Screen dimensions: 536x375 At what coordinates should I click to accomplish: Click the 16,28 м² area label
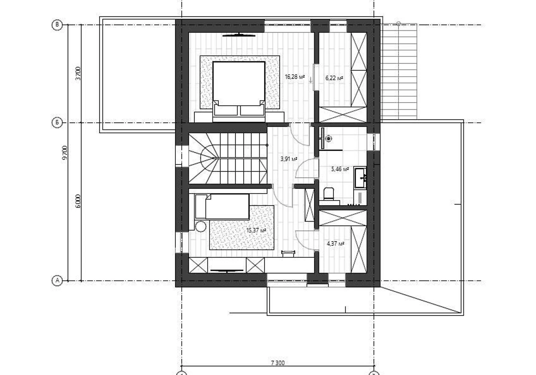tap(294, 77)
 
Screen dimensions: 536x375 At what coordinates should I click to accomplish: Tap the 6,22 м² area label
tap(334, 78)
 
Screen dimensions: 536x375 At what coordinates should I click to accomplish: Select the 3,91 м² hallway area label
tap(289, 159)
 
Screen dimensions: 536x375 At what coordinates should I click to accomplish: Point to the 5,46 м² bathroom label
tap(340, 169)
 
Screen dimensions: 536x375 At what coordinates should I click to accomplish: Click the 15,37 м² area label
tap(256, 230)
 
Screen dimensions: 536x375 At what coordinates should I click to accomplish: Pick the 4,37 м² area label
tap(335, 244)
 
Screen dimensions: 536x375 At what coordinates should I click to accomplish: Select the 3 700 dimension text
tap(78, 74)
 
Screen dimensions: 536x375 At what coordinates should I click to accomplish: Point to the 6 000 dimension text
tap(78, 201)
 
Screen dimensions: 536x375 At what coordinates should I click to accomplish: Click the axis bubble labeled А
tap(57, 281)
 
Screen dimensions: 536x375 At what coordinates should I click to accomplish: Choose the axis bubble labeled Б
tap(57, 123)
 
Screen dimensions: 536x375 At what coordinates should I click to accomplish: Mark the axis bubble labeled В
tap(57, 25)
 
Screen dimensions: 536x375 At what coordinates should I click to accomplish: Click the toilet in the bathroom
tap(329, 194)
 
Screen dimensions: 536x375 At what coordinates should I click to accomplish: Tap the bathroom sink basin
tap(360, 177)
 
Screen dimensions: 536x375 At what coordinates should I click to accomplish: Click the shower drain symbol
tap(329, 139)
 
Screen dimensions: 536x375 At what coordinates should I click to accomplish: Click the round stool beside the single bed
tap(201, 226)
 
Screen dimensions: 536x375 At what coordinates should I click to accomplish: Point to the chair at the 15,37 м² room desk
tap(288, 253)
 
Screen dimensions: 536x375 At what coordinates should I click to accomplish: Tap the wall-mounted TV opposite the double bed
tap(239, 35)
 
